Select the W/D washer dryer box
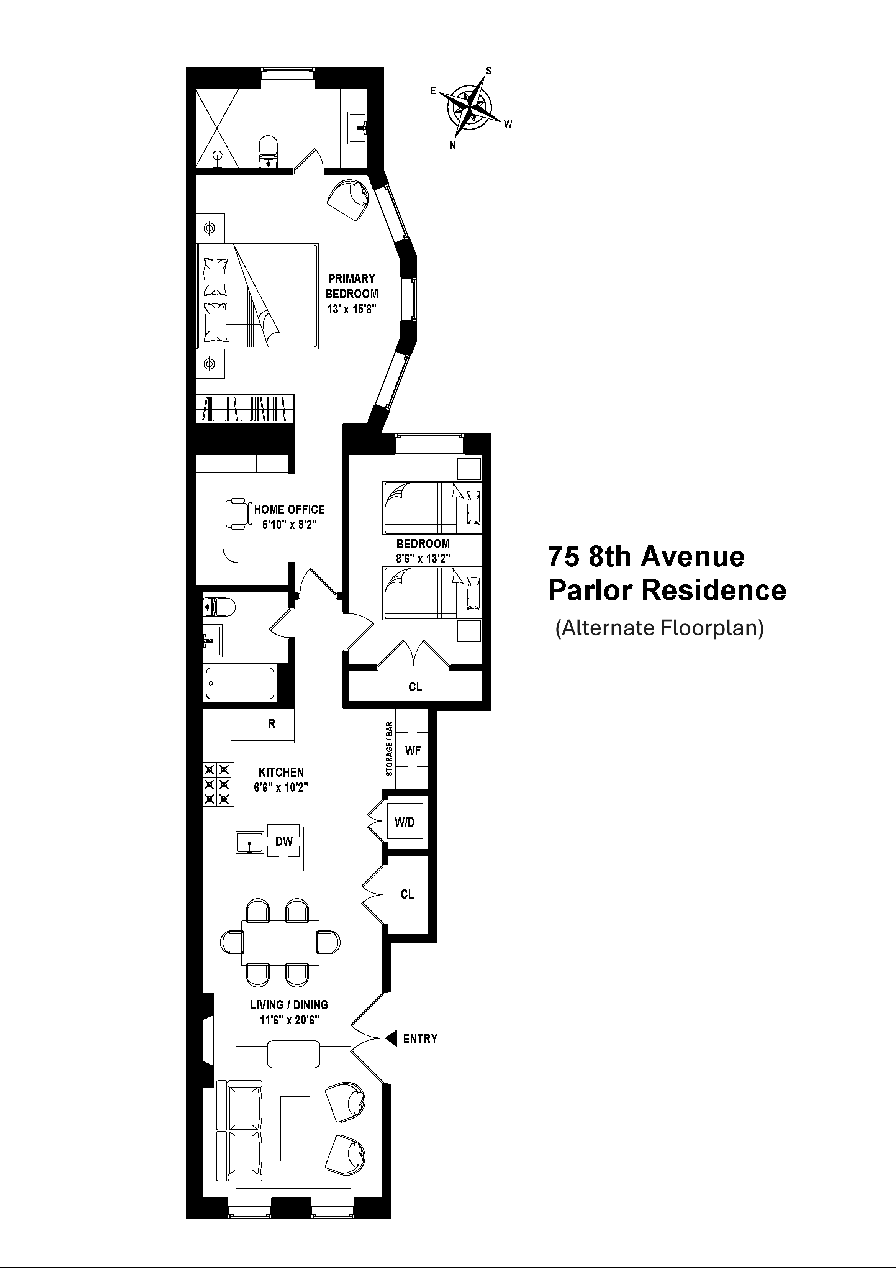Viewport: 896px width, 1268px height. (405, 822)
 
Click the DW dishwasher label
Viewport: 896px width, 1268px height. (284, 841)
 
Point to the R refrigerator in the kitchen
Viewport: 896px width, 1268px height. (271, 724)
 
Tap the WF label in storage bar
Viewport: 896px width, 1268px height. (413, 750)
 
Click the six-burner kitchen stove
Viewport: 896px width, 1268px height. (216, 784)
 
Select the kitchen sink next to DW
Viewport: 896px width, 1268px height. (249, 842)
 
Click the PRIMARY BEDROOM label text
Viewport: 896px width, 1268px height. (352, 286)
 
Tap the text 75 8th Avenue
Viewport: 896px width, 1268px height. (646, 557)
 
